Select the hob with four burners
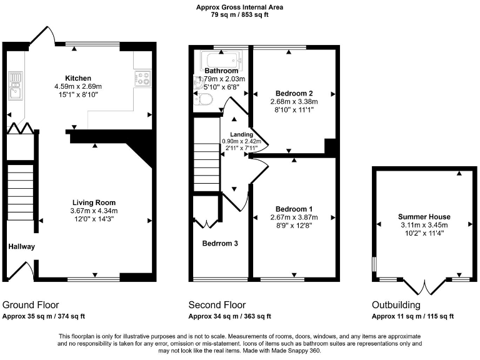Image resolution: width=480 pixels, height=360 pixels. point(143,78)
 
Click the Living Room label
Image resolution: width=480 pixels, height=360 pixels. point(94,202)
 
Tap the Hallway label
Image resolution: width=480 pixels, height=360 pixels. point(21,247)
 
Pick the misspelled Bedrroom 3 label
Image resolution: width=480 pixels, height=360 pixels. point(219,243)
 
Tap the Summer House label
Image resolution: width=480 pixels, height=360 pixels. point(424,217)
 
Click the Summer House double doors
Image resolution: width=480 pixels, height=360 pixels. point(424,286)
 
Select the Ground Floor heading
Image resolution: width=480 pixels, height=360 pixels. point(31,305)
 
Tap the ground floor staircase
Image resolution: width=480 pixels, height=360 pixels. point(21,187)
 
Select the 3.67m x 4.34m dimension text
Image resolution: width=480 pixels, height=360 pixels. point(94,211)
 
